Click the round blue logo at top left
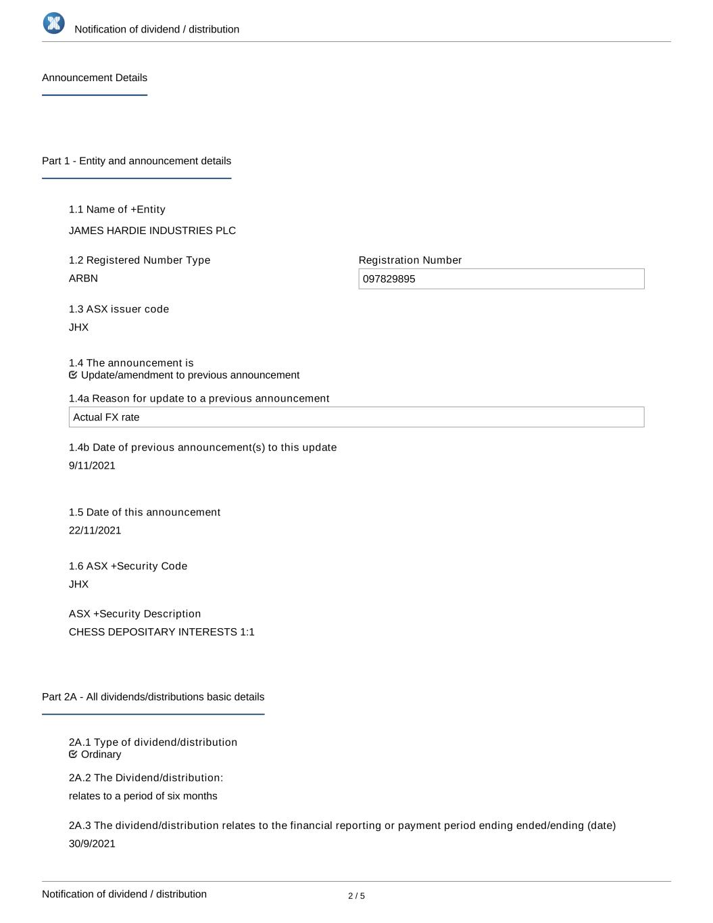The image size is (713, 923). (54, 23)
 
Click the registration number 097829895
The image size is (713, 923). (389, 279)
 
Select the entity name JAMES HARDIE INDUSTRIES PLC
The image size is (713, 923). (152, 231)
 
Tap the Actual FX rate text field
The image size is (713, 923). (356, 417)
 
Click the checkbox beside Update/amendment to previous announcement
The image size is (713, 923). (73, 375)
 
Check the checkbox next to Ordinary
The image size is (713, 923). (73, 754)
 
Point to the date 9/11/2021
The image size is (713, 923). (92, 465)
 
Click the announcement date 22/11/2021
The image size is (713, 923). (95, 530)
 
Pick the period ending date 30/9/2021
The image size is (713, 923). (92, 843)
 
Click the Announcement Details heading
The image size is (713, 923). (95, 78)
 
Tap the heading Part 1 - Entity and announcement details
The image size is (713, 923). (137, 161)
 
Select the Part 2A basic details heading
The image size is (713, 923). (153, 696)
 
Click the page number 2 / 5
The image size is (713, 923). (356, 896)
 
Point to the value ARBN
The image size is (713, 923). (83, 278)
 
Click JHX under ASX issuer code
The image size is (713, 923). (78, 327)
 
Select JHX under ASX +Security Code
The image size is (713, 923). (78, 584)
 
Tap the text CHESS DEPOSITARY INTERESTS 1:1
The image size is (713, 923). (162, 632)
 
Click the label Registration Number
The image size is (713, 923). (410, 260)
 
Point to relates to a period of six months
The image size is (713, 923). (143, 796)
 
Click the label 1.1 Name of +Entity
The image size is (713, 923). (117, 210)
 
